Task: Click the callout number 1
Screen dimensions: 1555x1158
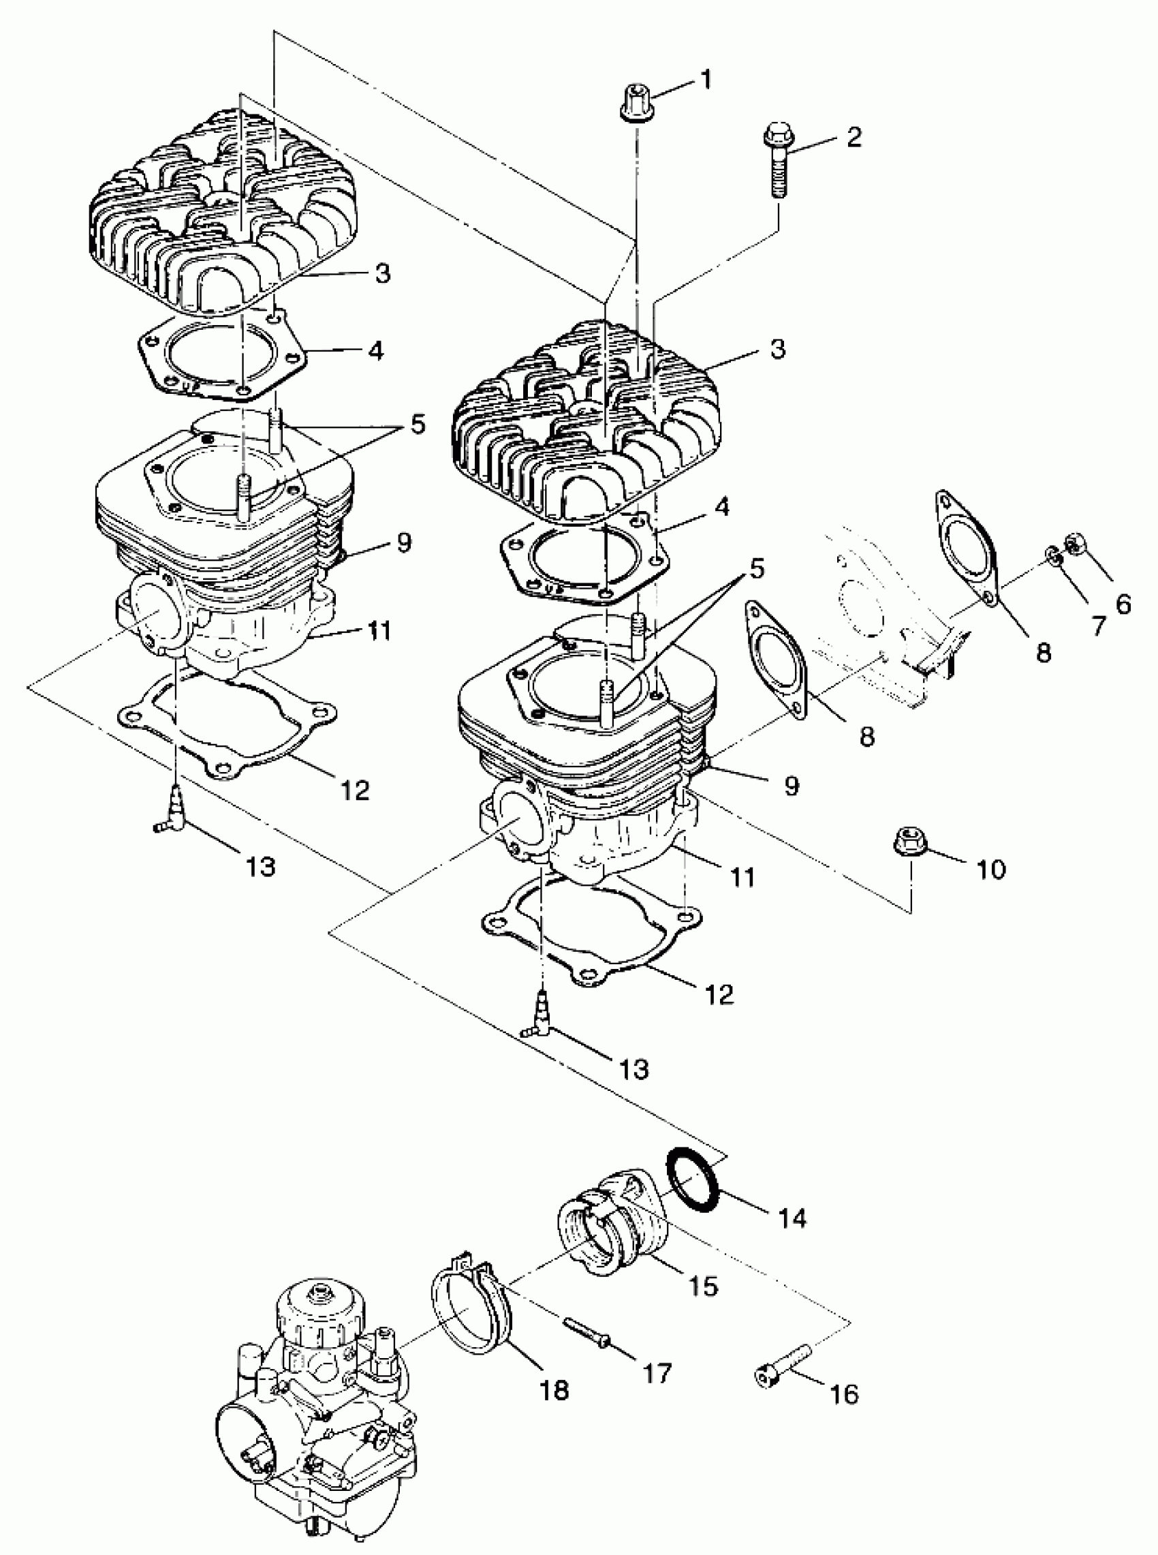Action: pos(706,78)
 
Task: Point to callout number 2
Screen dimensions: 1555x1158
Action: pos(853,137)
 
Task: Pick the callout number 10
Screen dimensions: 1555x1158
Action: pos(990,869)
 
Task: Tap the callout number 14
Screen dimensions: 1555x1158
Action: pos(791,1218)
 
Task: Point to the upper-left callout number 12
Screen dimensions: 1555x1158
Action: pos(356,790)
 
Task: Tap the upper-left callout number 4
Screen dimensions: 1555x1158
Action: pos(377,350)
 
